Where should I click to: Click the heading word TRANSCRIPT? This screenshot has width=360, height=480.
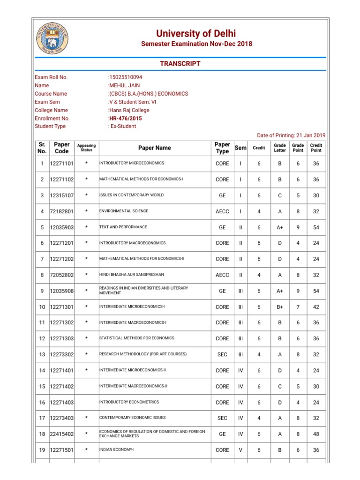[x=181, y=64]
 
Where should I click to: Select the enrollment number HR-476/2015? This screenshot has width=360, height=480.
[x=125, y=118]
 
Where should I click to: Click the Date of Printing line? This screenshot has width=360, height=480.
[x=292, y=135]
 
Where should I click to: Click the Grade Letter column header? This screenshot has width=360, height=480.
[x=280, y=148]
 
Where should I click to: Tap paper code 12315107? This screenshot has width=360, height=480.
[x=62, y=195]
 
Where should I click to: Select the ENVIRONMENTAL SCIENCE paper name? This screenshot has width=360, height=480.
[x=124, y=211]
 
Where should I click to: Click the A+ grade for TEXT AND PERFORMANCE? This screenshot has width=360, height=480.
[x=280, y=227]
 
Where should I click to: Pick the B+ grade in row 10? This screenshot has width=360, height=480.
[x=280, y=307]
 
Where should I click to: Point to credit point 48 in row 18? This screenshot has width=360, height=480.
[x=316, y=434]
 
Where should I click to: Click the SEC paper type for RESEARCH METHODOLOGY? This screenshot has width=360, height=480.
[x=222, y=355]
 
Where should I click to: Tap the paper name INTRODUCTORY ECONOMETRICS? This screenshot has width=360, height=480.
[x=129, y=402]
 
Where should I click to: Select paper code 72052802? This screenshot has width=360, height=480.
[x=62, y=275]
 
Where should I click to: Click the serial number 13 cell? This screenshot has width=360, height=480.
[x=42, y=355]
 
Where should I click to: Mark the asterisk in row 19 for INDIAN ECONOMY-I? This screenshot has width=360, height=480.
[x=86, y=450]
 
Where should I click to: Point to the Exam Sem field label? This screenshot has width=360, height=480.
[x=47, y=102]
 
